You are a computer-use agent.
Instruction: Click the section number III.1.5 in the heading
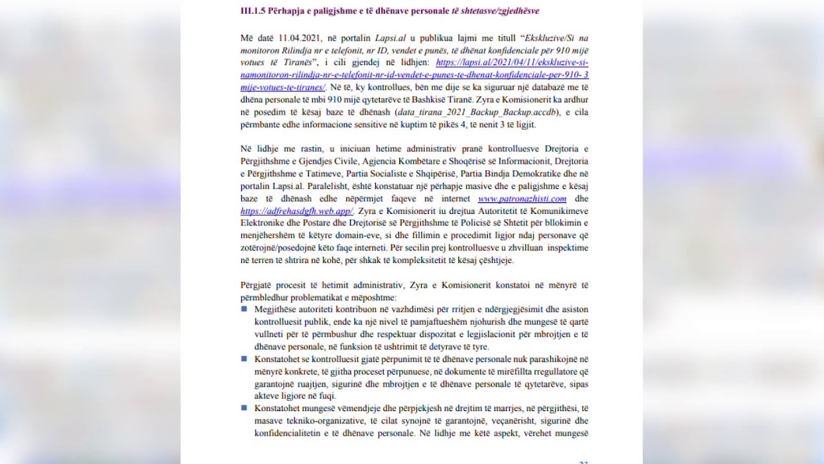[x=253, y=10]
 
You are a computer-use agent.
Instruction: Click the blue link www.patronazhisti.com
[x=522, y=198]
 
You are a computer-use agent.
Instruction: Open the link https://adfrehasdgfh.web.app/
[x=297, y=211]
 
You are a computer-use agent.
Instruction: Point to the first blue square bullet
[x=245, y=309]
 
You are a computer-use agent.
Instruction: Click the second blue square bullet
[x=245, y=359]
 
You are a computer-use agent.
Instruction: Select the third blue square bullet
[x=245, y=408]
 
